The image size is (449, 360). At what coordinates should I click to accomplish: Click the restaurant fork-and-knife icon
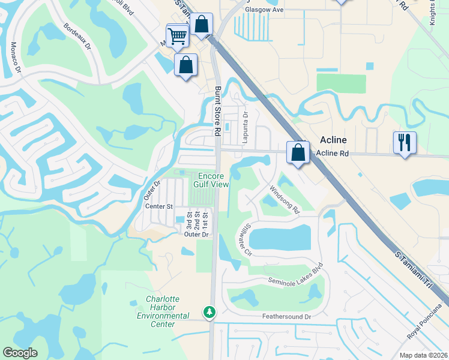[404, 143]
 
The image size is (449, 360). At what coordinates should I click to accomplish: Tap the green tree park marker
[209, 312]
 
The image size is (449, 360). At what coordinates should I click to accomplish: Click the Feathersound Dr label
[286, 316]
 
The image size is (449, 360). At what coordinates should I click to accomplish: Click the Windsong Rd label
[284, 200]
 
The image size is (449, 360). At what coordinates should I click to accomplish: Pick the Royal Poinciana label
[427, 338]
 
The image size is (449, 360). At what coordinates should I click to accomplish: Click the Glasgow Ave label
[263, 10]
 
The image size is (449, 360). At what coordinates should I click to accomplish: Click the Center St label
[159, 206]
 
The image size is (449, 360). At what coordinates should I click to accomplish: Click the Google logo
[20, 352]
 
